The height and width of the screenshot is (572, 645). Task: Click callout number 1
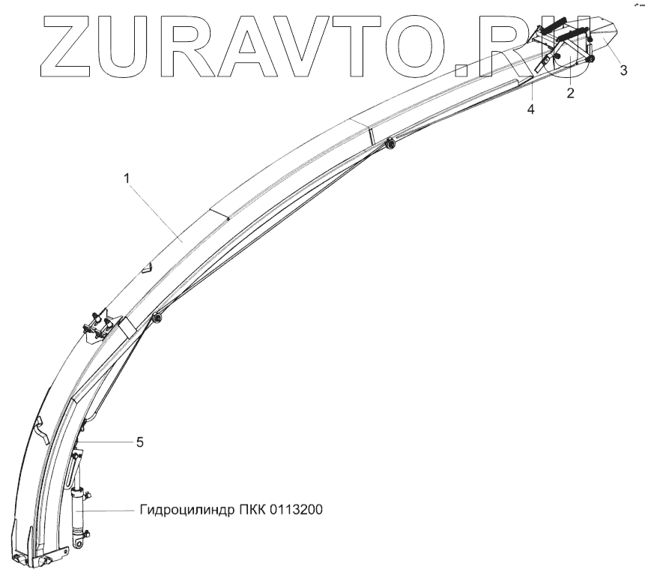tap(127, 178)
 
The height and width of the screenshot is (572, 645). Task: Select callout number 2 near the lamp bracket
tap(571, 94)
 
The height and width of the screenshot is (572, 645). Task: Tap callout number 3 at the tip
tap(623, 71)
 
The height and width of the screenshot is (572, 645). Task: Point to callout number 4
tap(530, 109)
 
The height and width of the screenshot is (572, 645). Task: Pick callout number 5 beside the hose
tap(139, 442)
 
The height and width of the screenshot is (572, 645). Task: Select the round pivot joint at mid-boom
tap(157, 319)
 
